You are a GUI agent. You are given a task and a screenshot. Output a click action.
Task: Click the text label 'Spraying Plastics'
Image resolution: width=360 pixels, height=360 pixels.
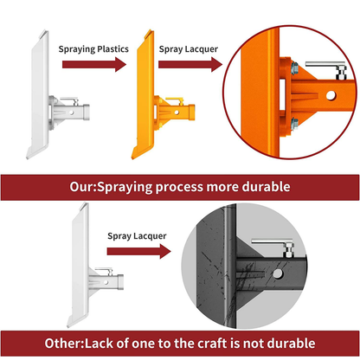pos(93,49)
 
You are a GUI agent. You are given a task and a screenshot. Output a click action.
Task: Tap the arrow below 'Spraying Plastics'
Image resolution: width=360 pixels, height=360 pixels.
pos(94,64)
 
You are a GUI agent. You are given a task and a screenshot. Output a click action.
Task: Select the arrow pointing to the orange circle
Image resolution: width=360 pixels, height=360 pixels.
pos(190,64)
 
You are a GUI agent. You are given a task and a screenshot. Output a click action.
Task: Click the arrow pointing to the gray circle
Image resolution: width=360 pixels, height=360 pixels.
pos(138,251)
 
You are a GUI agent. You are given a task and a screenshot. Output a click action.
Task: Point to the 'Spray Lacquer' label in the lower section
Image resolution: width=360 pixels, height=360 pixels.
pos(137,236)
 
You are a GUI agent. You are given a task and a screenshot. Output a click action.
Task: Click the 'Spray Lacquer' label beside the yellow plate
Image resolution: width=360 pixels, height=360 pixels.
pos(189,49)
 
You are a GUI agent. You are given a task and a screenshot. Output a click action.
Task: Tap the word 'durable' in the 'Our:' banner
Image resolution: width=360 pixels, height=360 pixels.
pos(266,187)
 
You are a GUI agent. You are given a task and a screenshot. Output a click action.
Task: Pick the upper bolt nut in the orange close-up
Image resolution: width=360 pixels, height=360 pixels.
pos(294,68)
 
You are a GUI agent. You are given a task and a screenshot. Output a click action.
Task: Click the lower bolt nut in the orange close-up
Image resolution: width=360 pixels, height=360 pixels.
pos(294,124)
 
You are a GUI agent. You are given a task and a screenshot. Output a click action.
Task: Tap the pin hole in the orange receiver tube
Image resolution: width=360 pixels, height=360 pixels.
pos(331,95)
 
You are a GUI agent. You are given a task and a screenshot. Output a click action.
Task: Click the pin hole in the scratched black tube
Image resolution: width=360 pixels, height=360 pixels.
pos(278,273)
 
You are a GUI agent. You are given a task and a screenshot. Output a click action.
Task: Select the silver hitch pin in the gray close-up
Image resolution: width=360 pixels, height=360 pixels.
pos(273,246)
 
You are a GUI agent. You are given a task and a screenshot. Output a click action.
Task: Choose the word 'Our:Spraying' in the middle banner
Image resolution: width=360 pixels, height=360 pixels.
pos(111,187)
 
